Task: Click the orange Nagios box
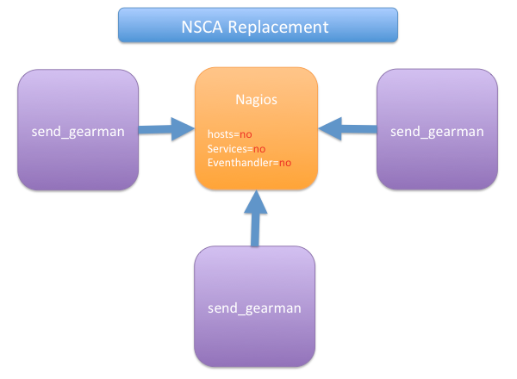click(x=256, y=172)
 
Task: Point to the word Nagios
click(x=256, y=100)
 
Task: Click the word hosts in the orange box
click(x=221, y=134)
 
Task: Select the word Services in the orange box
click(x=227, y=148)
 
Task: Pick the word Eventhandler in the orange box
click(x=240, y=162)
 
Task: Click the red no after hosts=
click(x=246, y=134)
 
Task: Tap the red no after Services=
click(x=259, y=148)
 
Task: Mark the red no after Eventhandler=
click(x=284, y=162)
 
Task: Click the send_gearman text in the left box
click(x=78, y=132)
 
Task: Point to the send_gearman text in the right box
click(x=437, y=132)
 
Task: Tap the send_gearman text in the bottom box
click(x=254, y=307)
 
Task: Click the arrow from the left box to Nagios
click(x=167, y=130)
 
